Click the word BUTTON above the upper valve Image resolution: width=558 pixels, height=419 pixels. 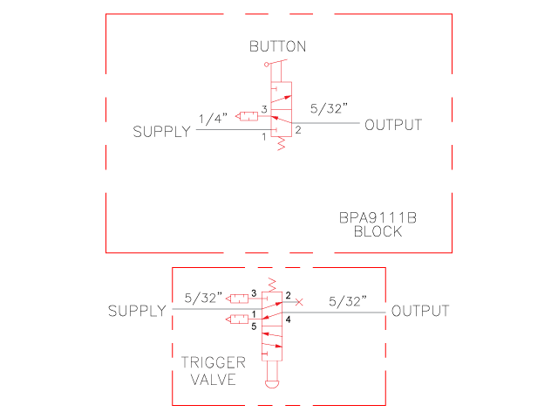(x=277, y=45)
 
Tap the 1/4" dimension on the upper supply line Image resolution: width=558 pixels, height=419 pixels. (x=214, y=118)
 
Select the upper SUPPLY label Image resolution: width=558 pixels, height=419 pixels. (x=161, y=133)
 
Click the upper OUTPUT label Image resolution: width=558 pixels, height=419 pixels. (x=392, y=125)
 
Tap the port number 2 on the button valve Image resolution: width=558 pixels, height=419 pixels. (x=297, y=131)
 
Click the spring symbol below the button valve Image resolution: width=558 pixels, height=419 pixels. (x=281, y=147)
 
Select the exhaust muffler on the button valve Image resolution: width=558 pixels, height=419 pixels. (x=247, y=116)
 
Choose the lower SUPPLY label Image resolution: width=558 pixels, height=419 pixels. (x=137, y=312)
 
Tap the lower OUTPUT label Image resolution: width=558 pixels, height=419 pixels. (x=420, y=312)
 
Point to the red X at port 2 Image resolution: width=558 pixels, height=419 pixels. (x=299, y=302)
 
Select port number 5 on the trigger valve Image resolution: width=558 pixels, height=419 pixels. (x=255, y=327)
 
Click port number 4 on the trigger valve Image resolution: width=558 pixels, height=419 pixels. (x=288, y=319)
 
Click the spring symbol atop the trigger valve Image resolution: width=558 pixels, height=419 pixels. (x=272, y=284)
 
